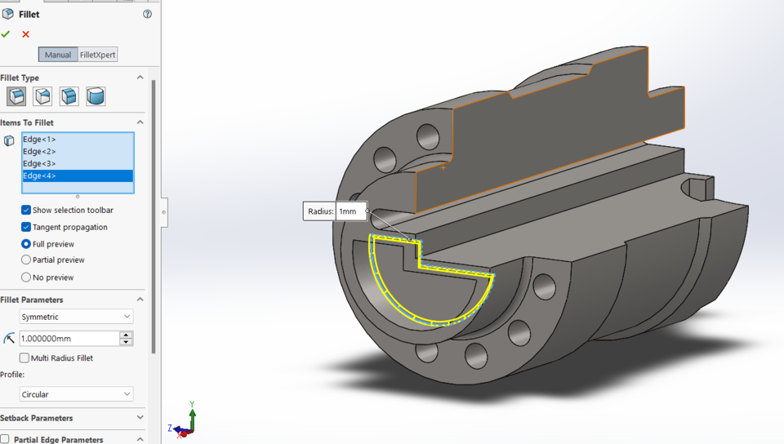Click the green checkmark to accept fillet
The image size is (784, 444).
[x=6, y=34]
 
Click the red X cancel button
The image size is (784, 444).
[x=25, y=34]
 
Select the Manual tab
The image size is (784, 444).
[x=57, y=55]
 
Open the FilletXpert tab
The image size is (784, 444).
[x=98, y=55]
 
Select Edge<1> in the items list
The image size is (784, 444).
[x=39, y=140]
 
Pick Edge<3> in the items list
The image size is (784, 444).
[x=39, y=164]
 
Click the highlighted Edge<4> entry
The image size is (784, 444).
[x=39, y=176]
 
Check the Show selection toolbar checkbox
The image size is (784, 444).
[x=26, y=211]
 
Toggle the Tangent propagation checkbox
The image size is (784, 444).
[x=26, y=227]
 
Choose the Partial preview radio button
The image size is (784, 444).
[x=26, y=260]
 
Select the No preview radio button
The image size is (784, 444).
[x=26, y=277]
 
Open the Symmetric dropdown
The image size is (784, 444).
[x=76, y=317]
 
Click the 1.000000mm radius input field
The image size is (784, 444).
[x=69, y=338]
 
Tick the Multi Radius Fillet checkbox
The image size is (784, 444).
[x=24, y=358]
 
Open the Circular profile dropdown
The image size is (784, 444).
[x=76, y=394]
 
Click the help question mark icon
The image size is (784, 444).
[x=147, y=14]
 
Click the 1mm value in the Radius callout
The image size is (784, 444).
[x=349, y=211]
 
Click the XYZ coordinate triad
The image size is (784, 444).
[x=185, y=420]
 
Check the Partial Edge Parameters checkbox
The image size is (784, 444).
[x=5, y=439]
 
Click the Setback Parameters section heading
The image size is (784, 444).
[x=37, y=418]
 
